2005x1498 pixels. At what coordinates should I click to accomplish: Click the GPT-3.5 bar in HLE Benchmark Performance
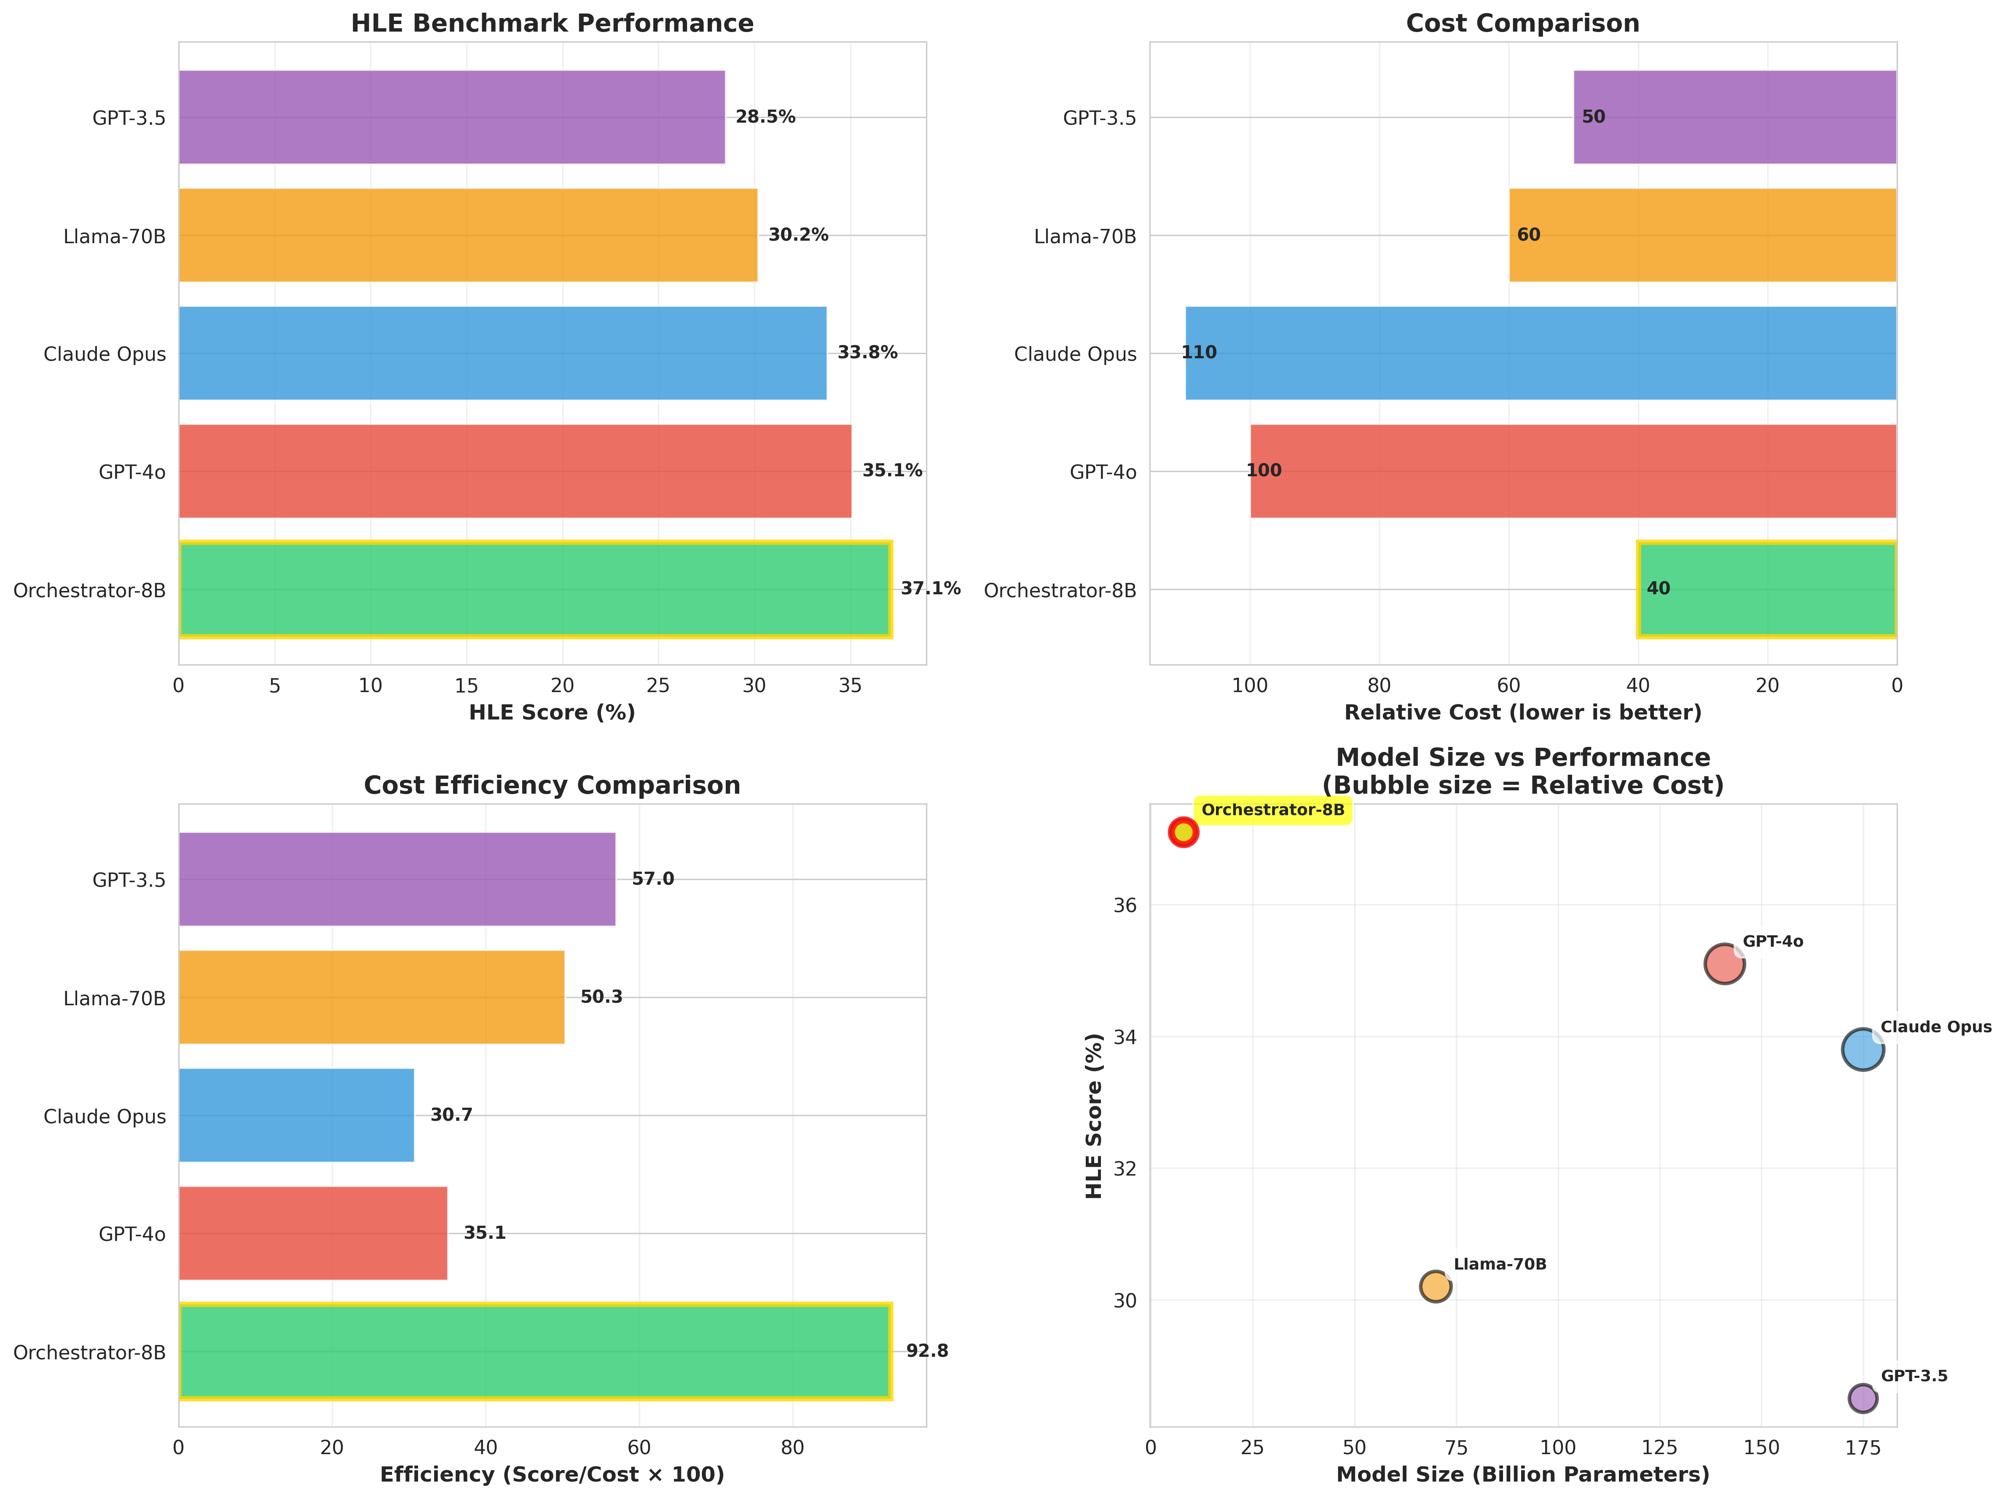point(451,117)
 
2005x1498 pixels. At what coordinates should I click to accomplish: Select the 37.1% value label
point(930,589)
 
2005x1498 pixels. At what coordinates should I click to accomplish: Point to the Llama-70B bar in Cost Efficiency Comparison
point(372,997)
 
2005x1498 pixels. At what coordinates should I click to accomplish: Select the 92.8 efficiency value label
point(926,1351)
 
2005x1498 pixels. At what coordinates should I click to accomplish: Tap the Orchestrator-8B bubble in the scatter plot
point(1183,832)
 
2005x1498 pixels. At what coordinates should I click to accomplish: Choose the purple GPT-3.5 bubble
point(1862,1398)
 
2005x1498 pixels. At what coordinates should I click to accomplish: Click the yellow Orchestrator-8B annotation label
point(1272,810)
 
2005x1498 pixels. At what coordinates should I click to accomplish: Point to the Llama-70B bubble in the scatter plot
point(1435,1286)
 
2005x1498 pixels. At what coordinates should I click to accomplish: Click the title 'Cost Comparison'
point(1522,24)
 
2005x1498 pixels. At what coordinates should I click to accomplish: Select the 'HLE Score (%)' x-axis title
point(552,713)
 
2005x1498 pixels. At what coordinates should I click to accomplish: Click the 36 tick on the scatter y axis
point(1124,905)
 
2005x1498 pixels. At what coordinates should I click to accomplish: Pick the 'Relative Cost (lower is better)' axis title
point(1522,713)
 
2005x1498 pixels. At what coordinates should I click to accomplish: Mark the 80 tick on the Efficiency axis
point(792,1448)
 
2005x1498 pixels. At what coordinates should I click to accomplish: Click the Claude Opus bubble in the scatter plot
point(1862,1050)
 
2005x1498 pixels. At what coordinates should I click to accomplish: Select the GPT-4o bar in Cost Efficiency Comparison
point(313,1233)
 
